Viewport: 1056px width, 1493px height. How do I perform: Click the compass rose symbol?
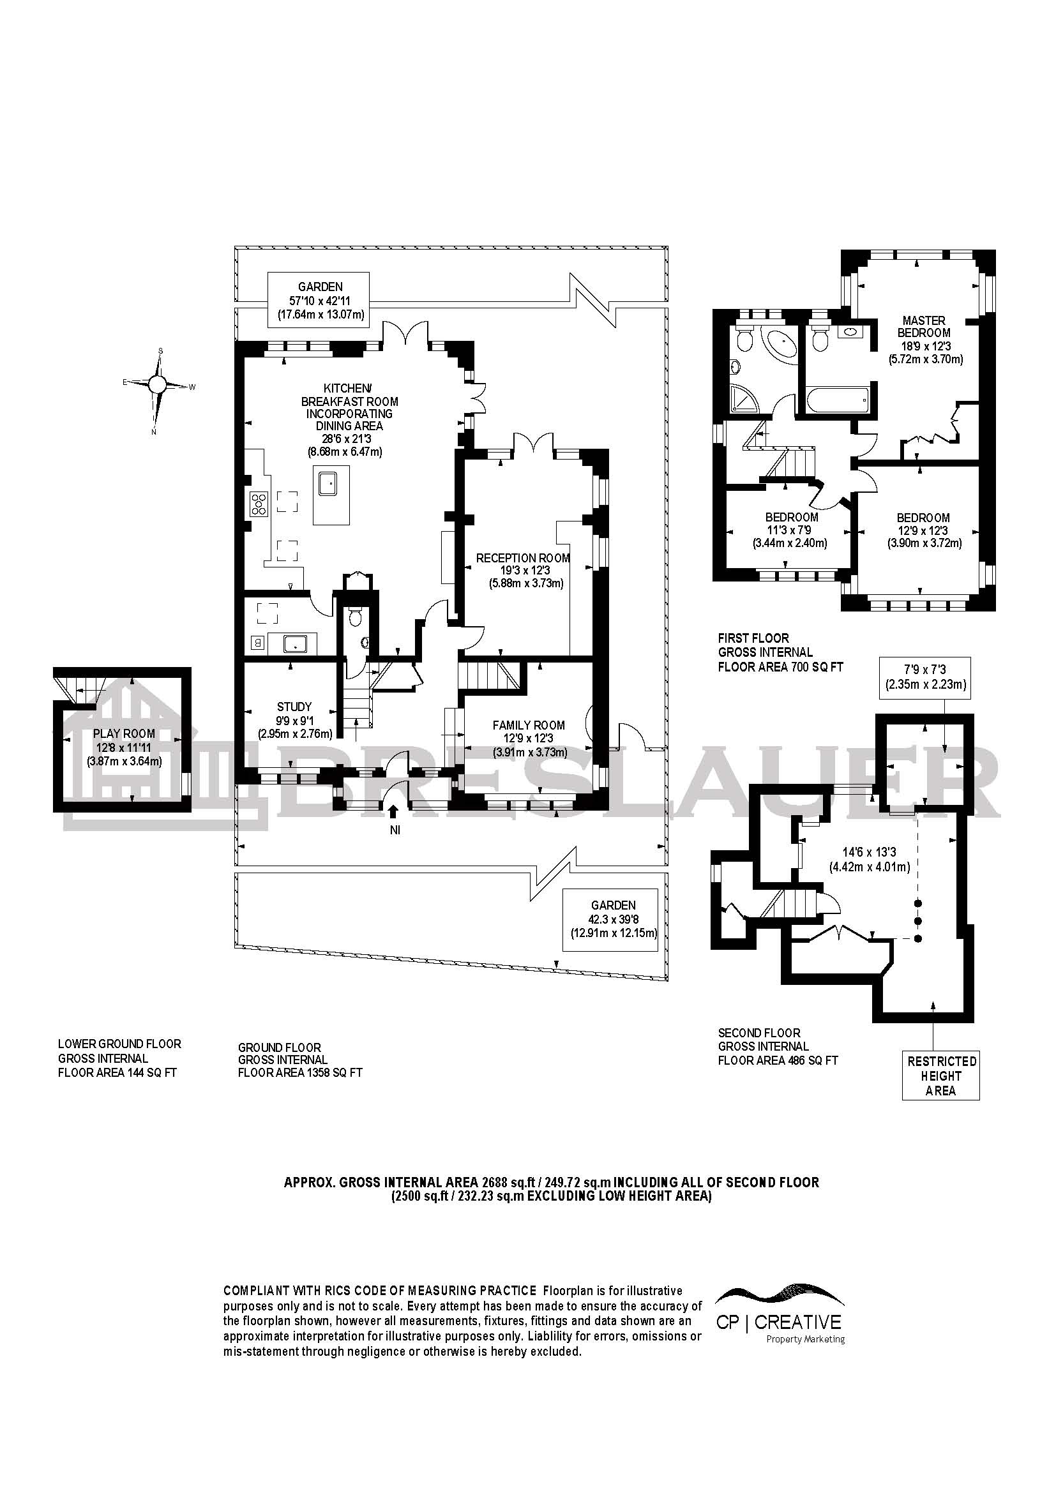coord(157,384)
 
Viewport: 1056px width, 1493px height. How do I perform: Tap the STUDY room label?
coord(294,706)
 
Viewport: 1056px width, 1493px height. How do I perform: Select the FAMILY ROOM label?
coord(528,725)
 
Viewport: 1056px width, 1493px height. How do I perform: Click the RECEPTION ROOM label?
coord(523,558)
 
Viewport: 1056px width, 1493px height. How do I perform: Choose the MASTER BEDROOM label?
coord(923,326)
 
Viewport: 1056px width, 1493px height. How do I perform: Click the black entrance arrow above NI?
coord(393,811)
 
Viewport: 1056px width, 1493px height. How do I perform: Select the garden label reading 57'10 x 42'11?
coord(319,300)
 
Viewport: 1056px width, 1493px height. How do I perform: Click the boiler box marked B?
coord(258,643)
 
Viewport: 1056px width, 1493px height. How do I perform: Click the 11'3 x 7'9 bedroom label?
coord(790,530)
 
